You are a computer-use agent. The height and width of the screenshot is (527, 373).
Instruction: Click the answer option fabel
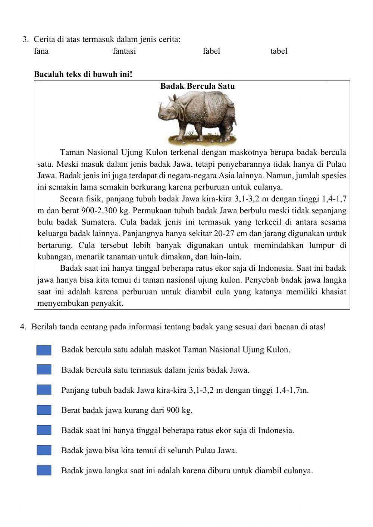211,51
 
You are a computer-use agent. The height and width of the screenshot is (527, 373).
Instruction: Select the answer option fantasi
124,51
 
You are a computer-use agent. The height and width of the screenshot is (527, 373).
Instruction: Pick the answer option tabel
279,51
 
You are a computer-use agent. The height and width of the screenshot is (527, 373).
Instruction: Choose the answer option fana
41,51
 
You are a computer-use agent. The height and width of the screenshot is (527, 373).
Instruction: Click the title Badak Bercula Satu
197,86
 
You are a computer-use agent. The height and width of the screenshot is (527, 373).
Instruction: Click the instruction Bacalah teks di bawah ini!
83,74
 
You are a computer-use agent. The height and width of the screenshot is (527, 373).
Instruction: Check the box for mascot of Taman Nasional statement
44,350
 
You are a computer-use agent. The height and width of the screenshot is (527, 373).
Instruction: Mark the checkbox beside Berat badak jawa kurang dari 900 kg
44,410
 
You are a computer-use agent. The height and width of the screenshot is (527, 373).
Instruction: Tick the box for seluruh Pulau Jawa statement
44,451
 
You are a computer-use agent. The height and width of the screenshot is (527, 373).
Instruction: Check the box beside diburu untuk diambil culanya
44,471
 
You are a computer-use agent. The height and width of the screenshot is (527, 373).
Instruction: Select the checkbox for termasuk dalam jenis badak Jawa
44,370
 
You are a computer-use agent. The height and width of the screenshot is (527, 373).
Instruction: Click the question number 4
23,327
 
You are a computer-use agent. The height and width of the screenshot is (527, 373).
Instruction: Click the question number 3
25,40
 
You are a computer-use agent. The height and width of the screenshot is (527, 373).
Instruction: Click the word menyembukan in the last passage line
62,303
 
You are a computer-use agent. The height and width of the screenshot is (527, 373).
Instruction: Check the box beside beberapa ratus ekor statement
44,430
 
